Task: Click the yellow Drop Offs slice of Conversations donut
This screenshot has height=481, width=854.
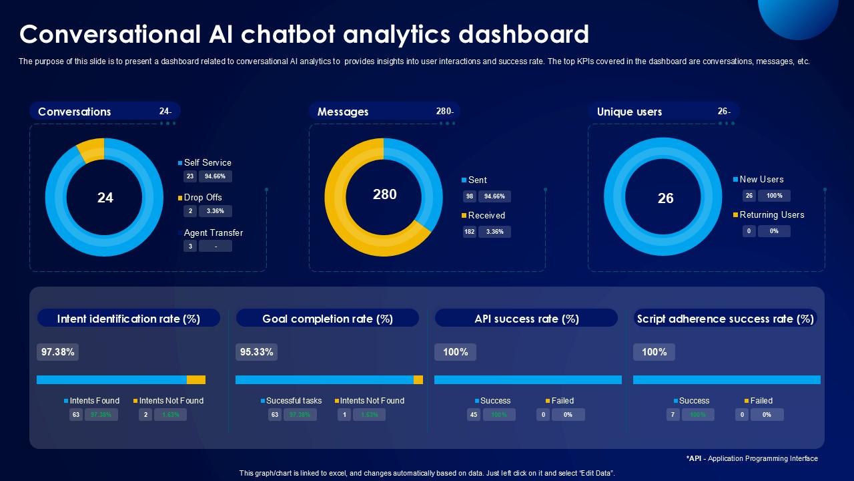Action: [90, 150]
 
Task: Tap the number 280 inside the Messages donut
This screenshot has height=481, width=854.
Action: [384, 194]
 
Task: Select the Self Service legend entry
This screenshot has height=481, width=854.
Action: [207, 162]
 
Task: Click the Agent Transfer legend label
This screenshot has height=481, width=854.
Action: [213, 232]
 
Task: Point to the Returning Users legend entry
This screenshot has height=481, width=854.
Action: [771, 214]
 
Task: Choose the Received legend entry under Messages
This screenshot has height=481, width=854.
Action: [486, 215]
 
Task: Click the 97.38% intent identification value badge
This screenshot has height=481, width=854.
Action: [57, 352]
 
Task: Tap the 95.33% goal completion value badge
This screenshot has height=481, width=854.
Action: [256, 352]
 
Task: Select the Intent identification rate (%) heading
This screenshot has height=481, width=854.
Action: [129, 319]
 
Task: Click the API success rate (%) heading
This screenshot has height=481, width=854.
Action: [526, 319]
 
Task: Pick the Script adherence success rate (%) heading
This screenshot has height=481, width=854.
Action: [725, 319]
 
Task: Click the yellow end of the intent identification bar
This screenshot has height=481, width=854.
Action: [196, 379]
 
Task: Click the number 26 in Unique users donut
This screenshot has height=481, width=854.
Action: [665, 198]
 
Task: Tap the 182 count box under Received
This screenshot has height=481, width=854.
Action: [470, 232]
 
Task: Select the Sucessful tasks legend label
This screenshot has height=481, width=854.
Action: [294, 401]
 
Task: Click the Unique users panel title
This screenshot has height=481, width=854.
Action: [629, 112]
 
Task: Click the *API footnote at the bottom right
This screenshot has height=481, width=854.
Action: [752, 458]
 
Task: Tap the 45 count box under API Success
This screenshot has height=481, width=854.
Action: [474, 415]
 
